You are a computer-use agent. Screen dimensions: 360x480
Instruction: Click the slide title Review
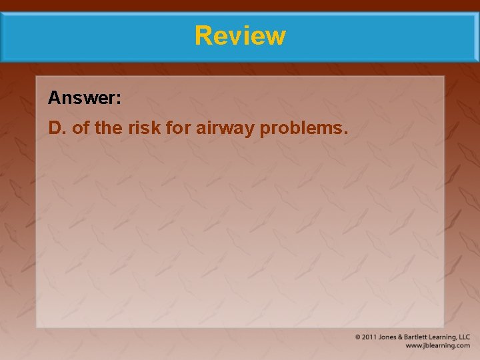240,35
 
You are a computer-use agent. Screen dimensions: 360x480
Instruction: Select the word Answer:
85,99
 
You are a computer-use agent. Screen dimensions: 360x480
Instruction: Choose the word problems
303,128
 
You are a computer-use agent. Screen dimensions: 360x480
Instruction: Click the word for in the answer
177,127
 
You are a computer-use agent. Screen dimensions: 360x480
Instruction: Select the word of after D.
81,127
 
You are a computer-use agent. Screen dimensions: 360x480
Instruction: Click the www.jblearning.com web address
438,346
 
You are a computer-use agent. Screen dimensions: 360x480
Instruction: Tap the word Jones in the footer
389,337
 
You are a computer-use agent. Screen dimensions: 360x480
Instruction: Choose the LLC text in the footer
464,337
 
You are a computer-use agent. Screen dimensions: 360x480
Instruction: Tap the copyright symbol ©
358,337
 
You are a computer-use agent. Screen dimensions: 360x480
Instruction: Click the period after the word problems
345,131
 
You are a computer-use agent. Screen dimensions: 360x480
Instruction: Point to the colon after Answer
119,100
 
